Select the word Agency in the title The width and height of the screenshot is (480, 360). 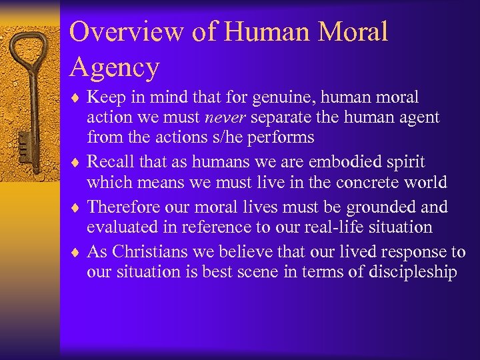115,67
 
